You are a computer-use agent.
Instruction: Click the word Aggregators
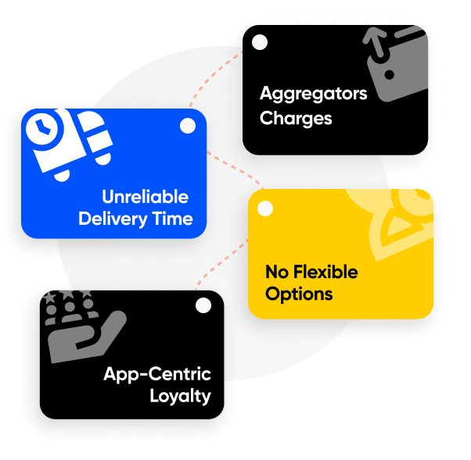(313, 94)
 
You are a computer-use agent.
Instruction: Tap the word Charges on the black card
(296, 119)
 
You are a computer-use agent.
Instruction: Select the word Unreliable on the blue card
(145, 196)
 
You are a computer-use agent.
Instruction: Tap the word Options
(299, 294)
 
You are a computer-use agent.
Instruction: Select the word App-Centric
(157, 374)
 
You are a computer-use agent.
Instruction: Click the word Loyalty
(180, 396)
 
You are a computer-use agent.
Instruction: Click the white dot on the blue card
(188, 126)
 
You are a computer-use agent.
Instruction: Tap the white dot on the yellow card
(265, 209)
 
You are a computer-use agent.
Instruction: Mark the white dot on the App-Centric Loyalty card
(203, 305)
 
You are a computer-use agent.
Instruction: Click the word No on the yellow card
(276, 272)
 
